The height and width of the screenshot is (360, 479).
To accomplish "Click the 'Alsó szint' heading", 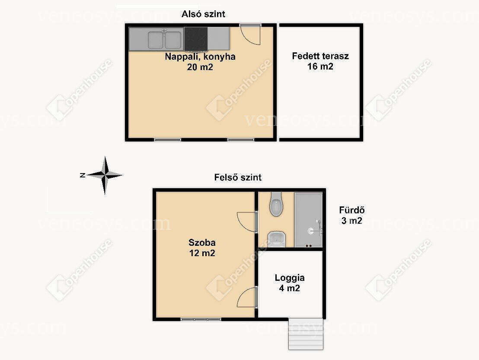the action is click(203, 14).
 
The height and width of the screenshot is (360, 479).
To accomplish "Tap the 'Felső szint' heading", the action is click(238, 177).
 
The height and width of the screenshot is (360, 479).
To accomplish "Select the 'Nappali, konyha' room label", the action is click(200, 57).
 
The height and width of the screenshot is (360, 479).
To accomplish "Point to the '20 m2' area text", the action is click(200, 67).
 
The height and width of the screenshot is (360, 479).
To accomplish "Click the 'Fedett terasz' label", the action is click(320, 56).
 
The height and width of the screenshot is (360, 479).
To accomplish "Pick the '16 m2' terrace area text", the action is click(320, 66).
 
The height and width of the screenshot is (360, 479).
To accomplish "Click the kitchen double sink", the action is click(165, 40).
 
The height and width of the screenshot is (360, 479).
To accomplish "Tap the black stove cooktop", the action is click(196, 39).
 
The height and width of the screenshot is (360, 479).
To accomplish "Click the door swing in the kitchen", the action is click(250, 35).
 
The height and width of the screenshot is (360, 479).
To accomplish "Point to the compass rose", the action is click(105, 175).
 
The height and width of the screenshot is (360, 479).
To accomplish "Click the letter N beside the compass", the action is click(82, 175).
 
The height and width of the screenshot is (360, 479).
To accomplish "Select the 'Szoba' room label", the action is click(202, 243).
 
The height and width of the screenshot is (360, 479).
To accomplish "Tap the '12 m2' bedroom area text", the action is click(202, 253).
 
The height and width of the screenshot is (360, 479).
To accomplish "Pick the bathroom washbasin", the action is click(277, 239).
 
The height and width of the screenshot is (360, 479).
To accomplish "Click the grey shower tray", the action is click(308, 220).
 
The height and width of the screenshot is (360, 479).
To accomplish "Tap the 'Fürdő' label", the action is click(351, 210).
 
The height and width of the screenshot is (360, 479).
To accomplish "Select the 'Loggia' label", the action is click(290, 278).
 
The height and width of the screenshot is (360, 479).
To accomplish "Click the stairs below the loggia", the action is click(306, 334).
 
